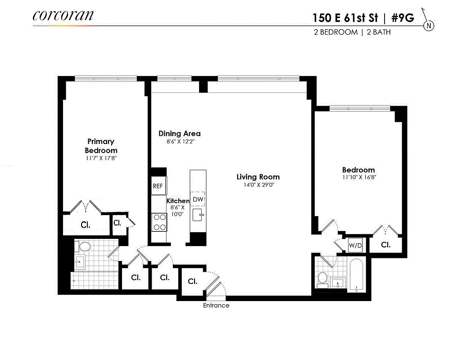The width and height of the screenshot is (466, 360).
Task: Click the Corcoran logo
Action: (x=63, y=15)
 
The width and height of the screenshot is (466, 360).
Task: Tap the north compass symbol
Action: (x=429, y=26)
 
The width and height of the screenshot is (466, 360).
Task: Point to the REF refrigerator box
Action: (x=158, y=185)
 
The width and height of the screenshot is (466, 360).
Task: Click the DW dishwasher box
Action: (x=198, y=199)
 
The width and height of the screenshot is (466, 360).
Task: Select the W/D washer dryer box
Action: (x=356, y=245)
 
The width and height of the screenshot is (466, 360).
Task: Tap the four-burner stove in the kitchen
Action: (x=159, y=222)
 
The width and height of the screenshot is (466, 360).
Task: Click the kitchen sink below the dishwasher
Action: (x=198, y=216)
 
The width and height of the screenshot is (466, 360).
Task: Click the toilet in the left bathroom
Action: (x=84, y=247)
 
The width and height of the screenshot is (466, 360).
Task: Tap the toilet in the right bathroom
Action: (x=322, y=279)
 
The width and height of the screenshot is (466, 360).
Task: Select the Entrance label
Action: (x=216, y=306)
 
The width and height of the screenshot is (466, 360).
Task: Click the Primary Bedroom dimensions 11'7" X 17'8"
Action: (x=101, y=158)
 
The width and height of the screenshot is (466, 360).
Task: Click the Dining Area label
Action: (x=179, y=134)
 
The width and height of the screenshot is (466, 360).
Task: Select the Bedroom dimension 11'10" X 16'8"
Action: (x=358, y=177)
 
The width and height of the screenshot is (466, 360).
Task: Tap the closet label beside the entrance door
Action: (x=192, y=281)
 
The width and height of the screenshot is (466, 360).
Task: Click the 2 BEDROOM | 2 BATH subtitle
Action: (x=353, y=32)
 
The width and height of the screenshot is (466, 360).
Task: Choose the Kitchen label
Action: (x=178, y=201)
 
